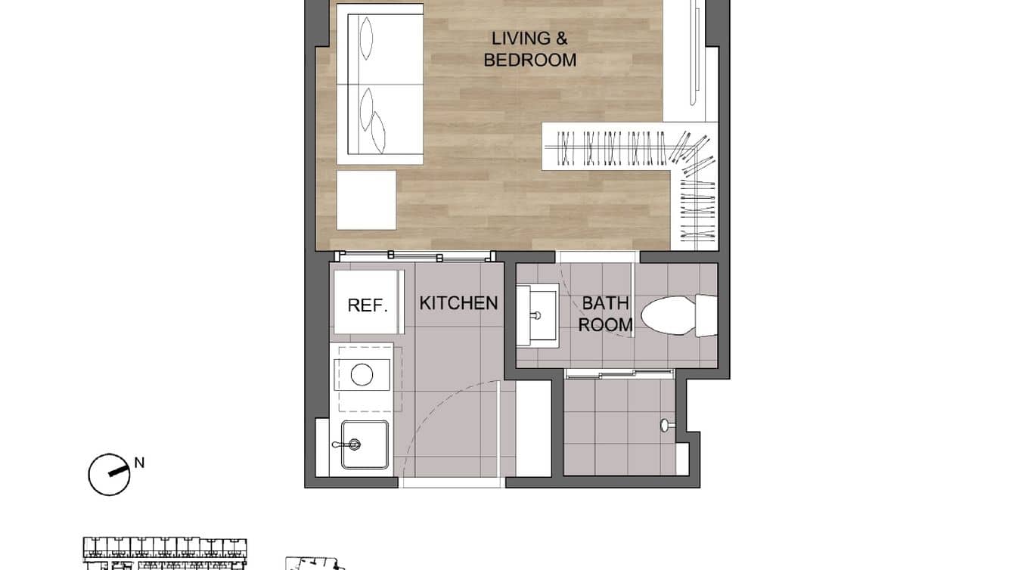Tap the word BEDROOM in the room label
[x=529, y=60]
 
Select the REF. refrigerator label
[x=368, y=305]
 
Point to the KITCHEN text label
[x=458, y=303]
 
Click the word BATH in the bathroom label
[x=605, y=304]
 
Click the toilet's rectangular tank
[x=706, y=315]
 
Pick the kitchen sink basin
[x=364, y=444]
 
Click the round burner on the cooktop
[x=362, y=374]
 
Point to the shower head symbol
[x=666, y=426]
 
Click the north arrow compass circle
[x=108, y=475]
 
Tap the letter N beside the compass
[x=139, y=463]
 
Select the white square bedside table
[x=366, y=200]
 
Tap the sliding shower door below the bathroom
[x=619, y=372]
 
